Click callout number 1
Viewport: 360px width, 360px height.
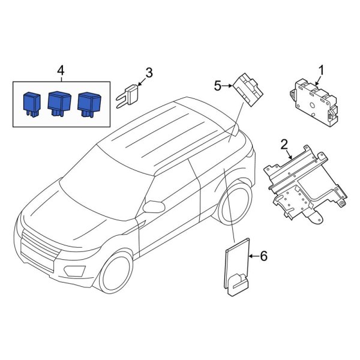(321, 71)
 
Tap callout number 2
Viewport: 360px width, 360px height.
(284, 144)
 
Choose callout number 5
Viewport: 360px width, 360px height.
(218, 86)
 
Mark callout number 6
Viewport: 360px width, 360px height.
(263, 257)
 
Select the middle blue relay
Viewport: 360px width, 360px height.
(58, 102)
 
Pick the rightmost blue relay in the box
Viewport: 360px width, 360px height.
(88, 102)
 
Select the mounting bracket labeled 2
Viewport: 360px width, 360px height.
(303, 183)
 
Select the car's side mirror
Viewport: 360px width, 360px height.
(155, 207)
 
